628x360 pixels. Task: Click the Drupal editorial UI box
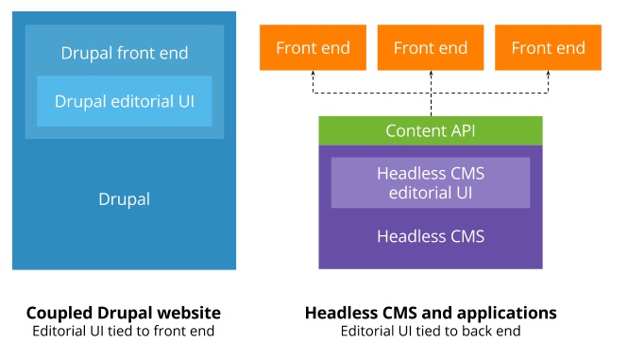point(124,101)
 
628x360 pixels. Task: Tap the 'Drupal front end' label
point(124,53)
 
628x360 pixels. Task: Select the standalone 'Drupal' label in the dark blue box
point(124,199)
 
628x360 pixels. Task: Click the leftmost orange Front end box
point(313,48)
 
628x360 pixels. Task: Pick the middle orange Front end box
point(431,48)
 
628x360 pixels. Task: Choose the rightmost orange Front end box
point(548,48)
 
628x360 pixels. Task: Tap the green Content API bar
point(431,130)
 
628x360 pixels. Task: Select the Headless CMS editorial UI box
point(431,182)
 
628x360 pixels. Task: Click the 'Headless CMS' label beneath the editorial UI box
point(431,236)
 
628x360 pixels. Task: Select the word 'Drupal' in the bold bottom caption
point(122,313)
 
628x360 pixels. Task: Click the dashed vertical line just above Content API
point(431,105)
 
